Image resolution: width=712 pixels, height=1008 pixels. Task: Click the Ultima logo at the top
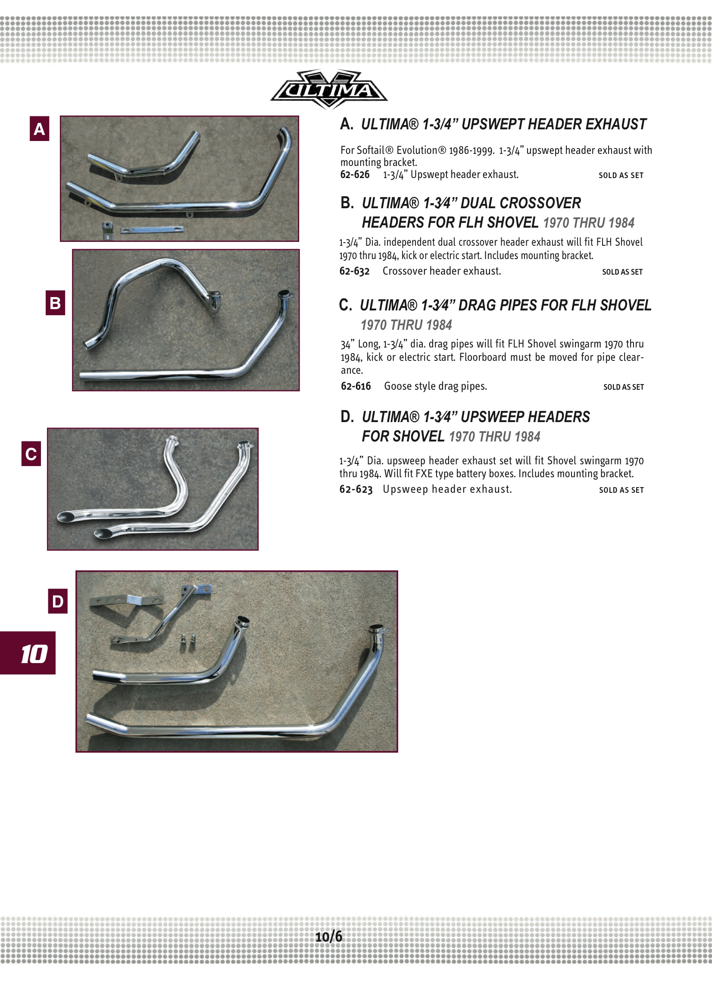tap(328, 90)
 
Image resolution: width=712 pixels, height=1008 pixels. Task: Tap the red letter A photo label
tap(39, 128)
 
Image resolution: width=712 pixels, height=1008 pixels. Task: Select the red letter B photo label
tap(55, 303)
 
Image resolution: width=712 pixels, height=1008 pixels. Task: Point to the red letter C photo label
tap(31, 454)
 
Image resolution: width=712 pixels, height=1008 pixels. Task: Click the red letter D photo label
tap(57, 601)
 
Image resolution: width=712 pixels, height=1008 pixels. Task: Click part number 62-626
tap(355, 175)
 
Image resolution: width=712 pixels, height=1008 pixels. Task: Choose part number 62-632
tap(354, 271)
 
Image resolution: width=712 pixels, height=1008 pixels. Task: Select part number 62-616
tap(356, 386)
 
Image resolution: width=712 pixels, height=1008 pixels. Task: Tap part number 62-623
tap(356, 489)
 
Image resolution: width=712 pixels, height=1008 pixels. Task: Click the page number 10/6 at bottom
tap(328, 936)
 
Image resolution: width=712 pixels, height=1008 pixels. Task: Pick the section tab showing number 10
tap(28, 654)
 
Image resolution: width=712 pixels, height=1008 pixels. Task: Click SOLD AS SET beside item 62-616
tap(623, 387)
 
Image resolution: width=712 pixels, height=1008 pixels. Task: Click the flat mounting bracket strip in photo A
tap(152, 230)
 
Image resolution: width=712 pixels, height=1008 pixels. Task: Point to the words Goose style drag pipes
tap(435, 386)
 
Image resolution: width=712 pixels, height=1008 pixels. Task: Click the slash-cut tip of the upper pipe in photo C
tap(67, 517)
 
